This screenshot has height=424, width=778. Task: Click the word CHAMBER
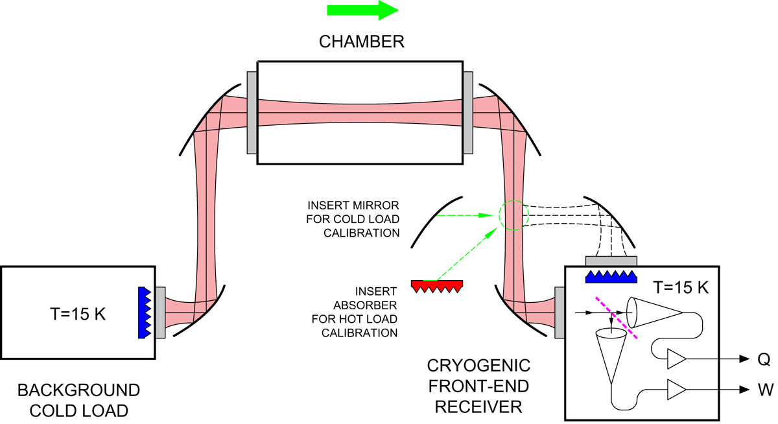362,42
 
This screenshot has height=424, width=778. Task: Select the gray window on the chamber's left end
252,113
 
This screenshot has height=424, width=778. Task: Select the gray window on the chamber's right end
468,113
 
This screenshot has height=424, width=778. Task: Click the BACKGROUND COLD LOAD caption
78,400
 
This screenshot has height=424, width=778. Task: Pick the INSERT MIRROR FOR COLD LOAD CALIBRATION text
353,219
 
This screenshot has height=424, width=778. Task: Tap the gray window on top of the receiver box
611,261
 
